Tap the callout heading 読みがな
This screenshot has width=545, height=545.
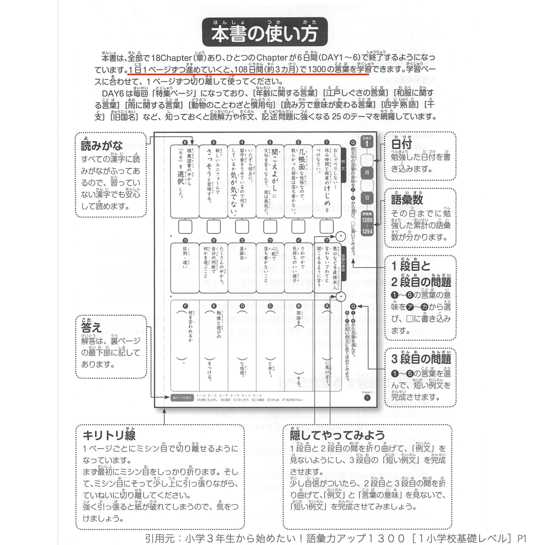click(102, 146)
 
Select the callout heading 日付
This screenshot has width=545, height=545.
click(401, 144)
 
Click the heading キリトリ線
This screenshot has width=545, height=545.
click(109, 436)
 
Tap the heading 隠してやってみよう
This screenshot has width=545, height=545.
click(337, 436)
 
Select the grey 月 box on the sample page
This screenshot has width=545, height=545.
click(367, 172)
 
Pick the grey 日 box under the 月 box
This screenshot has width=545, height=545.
click(367, 198)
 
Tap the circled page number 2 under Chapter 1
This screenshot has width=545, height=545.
click(367, 398)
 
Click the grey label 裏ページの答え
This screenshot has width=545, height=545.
click(182, 398)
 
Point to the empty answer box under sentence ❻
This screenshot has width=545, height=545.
click(185, 226)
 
